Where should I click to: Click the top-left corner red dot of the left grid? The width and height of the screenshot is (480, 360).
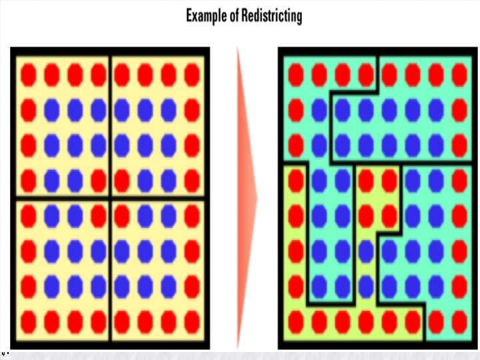(x=28, y=75)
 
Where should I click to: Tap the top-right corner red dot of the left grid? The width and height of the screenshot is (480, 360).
(x=192, y=75)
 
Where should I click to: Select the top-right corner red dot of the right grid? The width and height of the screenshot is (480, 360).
(x=459, y=75)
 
